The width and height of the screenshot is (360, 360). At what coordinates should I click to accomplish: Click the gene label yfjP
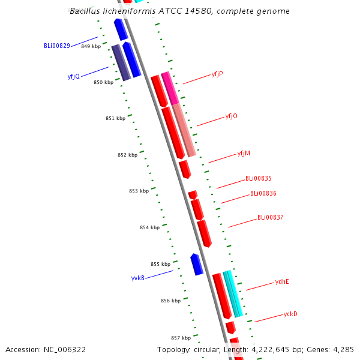[x=217, y=74]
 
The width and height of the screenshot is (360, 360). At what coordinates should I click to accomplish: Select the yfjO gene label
[x=231, y=116]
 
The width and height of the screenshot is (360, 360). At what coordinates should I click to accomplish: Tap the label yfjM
[x=244, y=154]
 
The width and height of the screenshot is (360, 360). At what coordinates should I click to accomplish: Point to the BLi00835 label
[x=259, y=178]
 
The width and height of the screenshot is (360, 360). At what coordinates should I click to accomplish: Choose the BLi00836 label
[x=263, y=193]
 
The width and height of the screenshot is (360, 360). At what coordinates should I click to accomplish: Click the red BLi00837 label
[x=271, y=217]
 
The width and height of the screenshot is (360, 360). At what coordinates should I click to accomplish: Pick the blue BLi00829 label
[x=57, y=46]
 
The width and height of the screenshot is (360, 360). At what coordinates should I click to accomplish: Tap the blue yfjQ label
[x=74, y=76]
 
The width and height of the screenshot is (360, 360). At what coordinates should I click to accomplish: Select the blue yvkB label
[x=138, y=278]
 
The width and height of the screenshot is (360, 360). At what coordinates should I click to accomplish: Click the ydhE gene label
[x=282, y=282]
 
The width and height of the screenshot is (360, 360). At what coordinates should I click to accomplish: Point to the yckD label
[x=290, y=314]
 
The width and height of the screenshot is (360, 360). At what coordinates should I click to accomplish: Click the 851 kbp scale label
[x=115, y=118]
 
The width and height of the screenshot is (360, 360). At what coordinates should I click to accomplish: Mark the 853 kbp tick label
[x=139, y=191]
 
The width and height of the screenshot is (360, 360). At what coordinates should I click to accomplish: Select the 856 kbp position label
[x=171, y=301]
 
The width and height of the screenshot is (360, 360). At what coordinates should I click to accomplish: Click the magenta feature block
[x=170, y=88]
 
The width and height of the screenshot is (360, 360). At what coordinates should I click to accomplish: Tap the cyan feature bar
[x=233, y=294]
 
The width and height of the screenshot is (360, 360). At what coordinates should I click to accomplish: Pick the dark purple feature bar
[x=121, y=62]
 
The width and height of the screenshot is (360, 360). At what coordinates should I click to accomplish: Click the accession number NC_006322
[x=65, y=350]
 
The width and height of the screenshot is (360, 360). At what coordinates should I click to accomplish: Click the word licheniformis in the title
[x=129, y=11]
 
